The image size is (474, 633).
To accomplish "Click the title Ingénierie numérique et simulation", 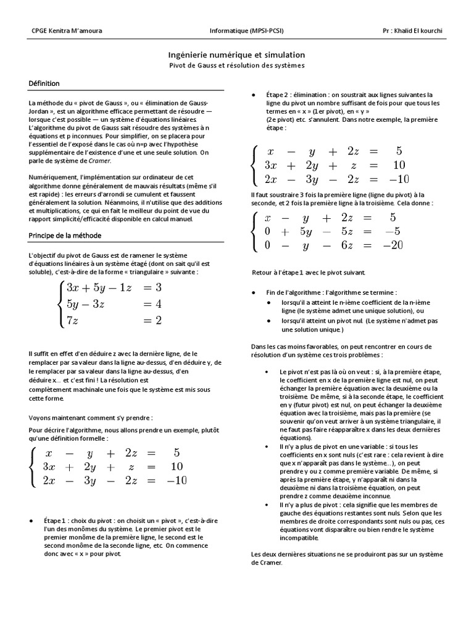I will click(x=236, y=55).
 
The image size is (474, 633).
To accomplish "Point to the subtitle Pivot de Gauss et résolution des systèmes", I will click(x=236, y=65).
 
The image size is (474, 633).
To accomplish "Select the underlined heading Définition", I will click(x=44, y=83).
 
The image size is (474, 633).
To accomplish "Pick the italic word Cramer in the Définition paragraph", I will click(x=99, y=161).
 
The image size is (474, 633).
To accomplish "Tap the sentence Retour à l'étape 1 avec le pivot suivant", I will click(x=309, y=273).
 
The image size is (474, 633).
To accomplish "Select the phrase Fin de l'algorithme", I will click(x=296, y=292).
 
